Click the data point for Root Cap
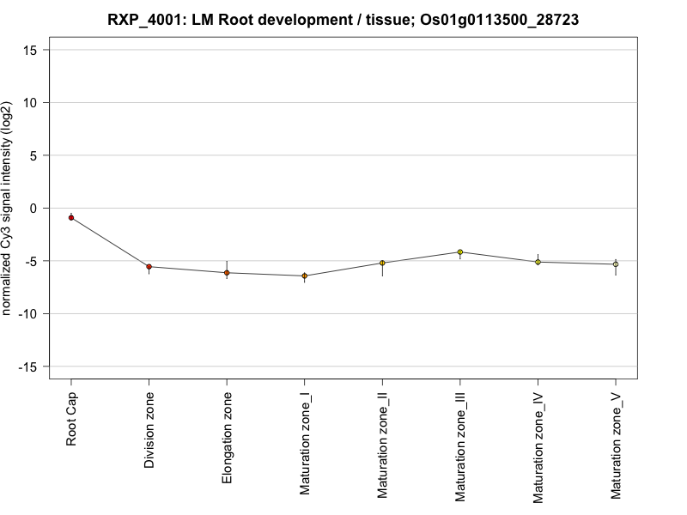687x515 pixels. (71, 218)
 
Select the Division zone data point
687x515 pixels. (149, 267)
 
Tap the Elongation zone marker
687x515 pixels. (227, 273)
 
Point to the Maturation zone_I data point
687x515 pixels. (304, 276)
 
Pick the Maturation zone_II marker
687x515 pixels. (382, 263)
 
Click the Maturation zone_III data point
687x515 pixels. (460, 252)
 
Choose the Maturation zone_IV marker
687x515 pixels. (538, 262)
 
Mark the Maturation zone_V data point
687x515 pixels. (616, 264)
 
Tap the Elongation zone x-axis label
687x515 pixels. (227, 439)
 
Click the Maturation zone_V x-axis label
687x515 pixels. (616, 445)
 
